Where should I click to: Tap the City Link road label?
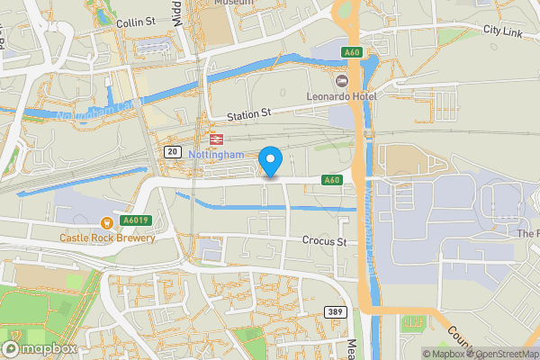coord(503,30)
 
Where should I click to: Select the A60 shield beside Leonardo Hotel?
coord(352,54)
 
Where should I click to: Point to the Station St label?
coord(248,115)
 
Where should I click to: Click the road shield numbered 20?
coord(172,153)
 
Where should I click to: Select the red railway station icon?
coord(215,139)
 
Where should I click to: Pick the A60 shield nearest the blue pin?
coord(332,180)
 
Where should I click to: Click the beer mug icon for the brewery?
coord(107,222)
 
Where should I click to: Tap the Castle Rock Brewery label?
coord(107,238)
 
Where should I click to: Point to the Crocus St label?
coord(324,242)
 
